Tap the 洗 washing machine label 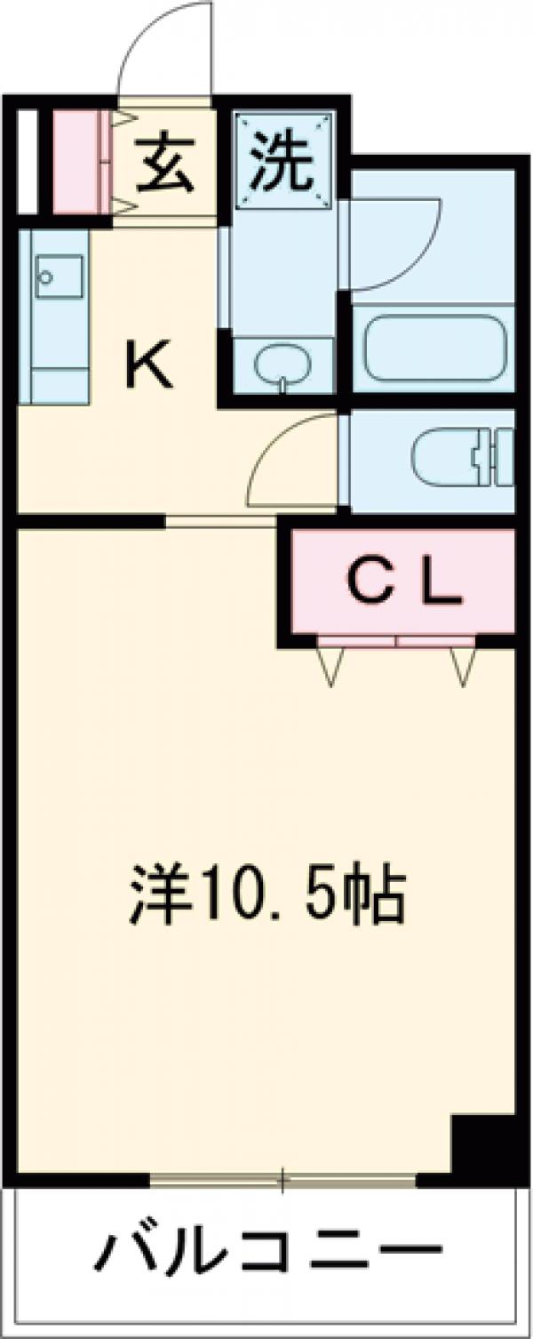(282, 162)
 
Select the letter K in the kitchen (147, 366)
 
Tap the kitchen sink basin (60, 277)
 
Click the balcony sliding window (282, 1182)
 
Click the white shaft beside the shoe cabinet (28, 161)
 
